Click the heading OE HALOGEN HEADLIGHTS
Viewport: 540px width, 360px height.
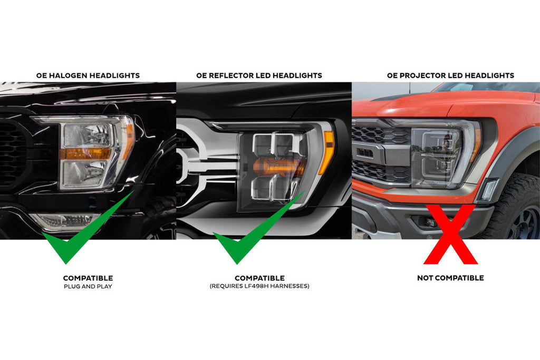tap(88, 76)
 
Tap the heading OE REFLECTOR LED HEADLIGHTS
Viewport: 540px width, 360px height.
tap(259, 76)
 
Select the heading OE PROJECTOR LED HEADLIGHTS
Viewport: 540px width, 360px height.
tap(450, 76)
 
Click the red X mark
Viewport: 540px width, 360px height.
tap(450, 235)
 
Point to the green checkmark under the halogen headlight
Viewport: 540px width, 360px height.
tap(88, 227)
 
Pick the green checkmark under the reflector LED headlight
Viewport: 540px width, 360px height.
tap(259, 227)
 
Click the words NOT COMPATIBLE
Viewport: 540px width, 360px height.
tap(450, 278)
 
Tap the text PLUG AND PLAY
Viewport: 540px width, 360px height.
tap(88, 286)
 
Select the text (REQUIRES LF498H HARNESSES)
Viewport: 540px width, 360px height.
tap(259, 286)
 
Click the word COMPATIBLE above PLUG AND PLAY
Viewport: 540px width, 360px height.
tap(88, 278)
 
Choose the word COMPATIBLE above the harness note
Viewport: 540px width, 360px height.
tap(259, 278)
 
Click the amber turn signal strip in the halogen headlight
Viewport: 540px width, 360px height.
tap(85, 153)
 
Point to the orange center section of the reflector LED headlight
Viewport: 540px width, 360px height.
tap(279, 167)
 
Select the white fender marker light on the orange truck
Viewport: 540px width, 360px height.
tap(488, 189)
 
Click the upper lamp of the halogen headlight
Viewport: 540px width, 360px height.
tap(87, 135)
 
